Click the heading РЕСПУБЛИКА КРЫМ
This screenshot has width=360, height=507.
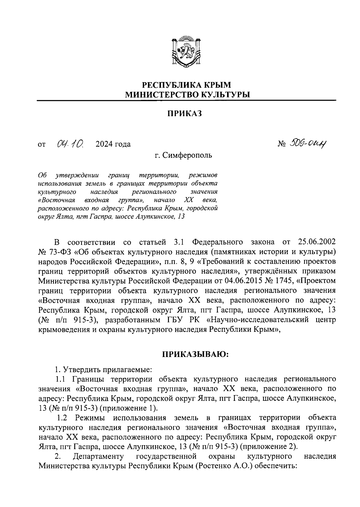tap(187, 85)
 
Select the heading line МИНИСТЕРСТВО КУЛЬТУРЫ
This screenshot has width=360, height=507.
tap(187, 95)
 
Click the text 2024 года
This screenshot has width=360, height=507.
tap(113, 144)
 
